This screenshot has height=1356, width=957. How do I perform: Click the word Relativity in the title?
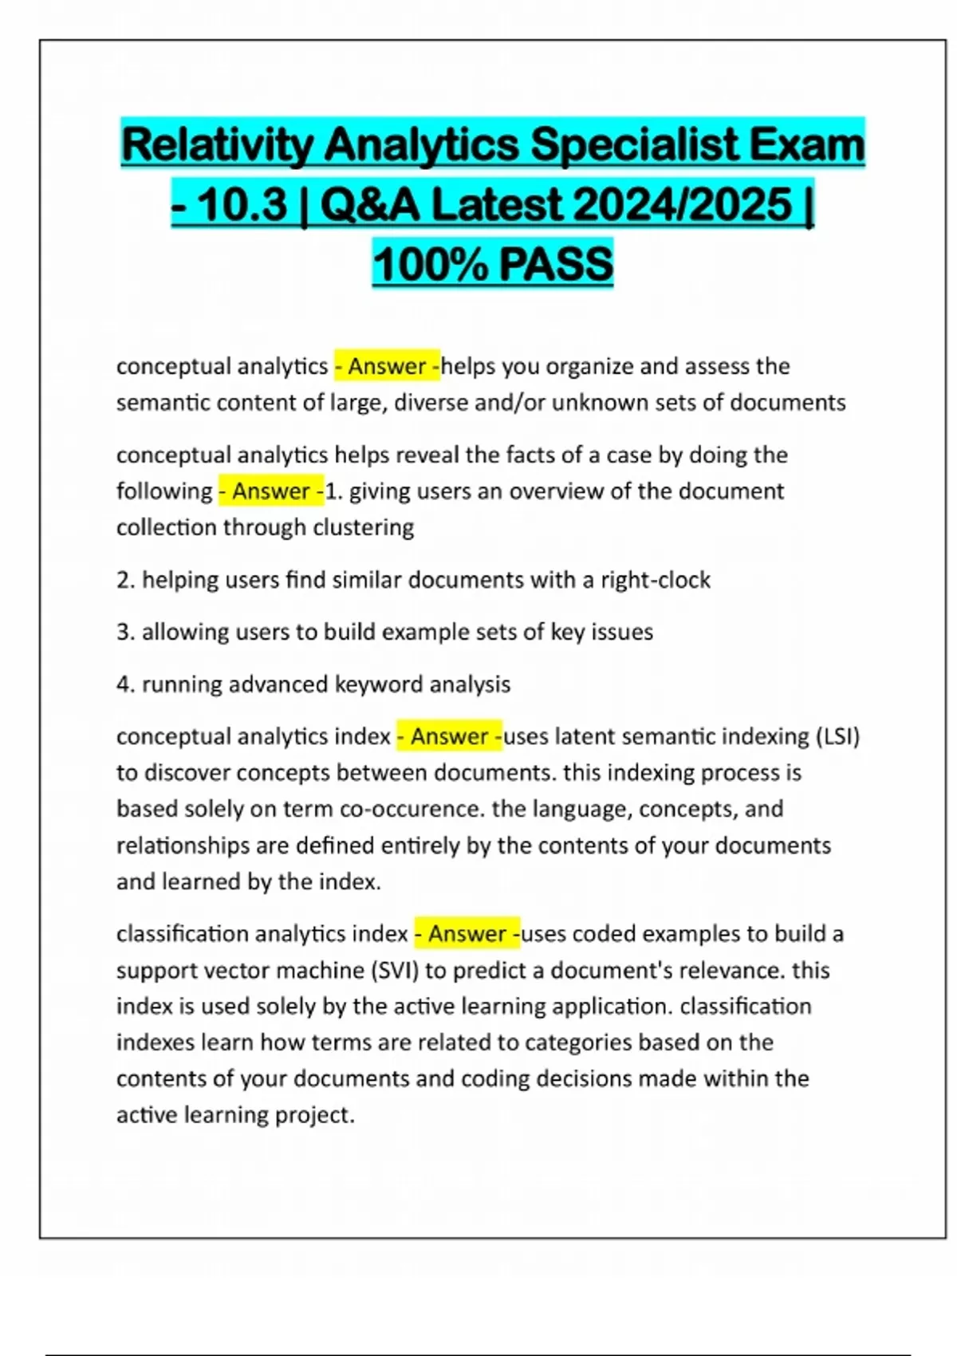[x=216, y=145]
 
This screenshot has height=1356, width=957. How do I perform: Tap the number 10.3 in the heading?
[x=242, y=205]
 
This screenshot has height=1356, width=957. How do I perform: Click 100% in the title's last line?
[x=431, y=264]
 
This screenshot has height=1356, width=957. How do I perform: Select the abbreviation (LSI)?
[x=837, y=736]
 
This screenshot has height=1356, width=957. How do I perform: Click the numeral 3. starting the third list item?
[x=125, y=632]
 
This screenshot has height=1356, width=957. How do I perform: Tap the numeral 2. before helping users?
[x=125, y=580]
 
